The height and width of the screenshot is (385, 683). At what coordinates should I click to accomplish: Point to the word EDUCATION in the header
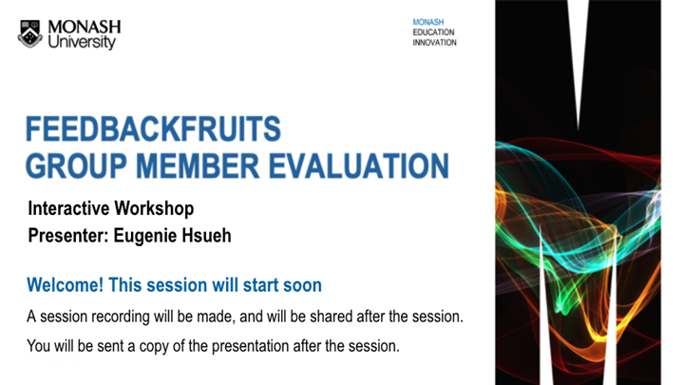click(433, 32)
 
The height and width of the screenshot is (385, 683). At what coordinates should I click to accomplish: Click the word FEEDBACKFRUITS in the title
click(153, 128)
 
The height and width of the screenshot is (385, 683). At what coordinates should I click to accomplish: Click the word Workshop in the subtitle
click(155, 207)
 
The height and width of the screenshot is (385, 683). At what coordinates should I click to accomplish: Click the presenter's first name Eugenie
click(148, 234)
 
